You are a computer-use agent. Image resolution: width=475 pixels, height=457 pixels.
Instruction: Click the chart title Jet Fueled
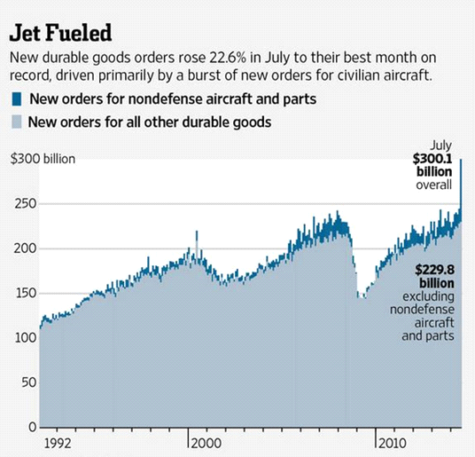click(x=60, y=34)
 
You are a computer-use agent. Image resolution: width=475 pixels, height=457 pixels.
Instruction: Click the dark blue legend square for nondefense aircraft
click(x=16, y=98)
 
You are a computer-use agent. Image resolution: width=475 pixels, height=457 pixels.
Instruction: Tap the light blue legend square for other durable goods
click(x=16, y=122)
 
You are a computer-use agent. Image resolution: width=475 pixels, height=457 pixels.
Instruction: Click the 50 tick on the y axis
click(x=25, y=382)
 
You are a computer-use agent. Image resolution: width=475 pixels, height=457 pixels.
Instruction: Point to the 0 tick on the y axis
click(x=28, y=427)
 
